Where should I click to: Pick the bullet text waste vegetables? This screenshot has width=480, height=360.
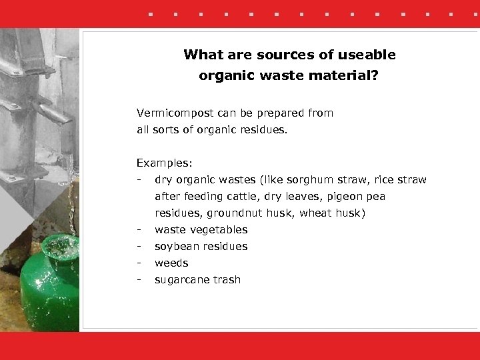pyautogui.click(x=201, y=230)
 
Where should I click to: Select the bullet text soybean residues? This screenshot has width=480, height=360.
pyautogui.click(x=201, y=247)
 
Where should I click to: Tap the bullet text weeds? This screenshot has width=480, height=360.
pyautogui.click(x=171, y=263)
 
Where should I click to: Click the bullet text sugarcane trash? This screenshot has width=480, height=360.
pyautogui.click(x=197, y=280)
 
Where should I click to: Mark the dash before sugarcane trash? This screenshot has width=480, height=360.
pyautogui.click(x=138, y=280)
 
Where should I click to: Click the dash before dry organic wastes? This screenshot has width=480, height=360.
pyautogui.click(x=138, y=180)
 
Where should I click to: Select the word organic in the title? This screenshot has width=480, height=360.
pyautogui.click(x=227, y=76)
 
